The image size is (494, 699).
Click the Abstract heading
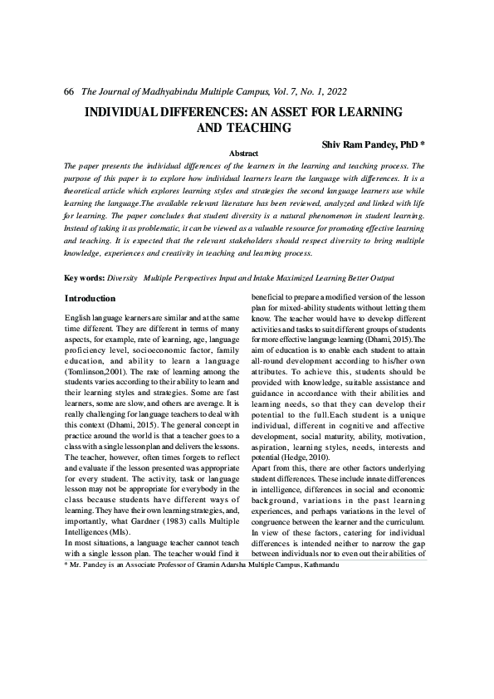pos(242,154)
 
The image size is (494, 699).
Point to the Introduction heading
pos(90,298)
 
